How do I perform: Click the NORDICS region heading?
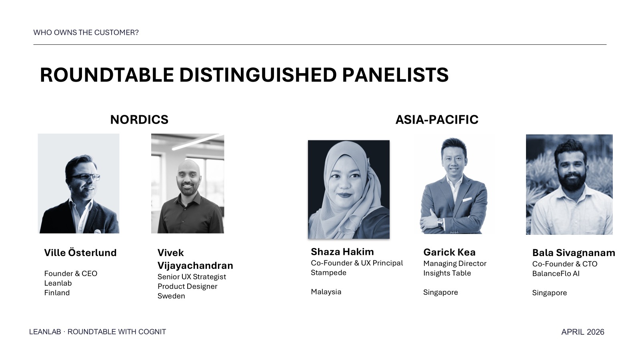pyautogui.click(x=139, y=120)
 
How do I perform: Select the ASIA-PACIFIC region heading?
pyautogui.click(x=436, y=120)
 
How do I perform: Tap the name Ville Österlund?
pyautogui.click(x=80, y=252)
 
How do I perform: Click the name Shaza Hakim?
pyautogui.click(x=342, y=252)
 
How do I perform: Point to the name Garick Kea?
pyautogui.click(x=450, y=252)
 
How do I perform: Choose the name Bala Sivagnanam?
pyautogui.click(x=574, y=253)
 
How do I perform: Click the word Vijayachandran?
pyautogui.click(x=195, y=266)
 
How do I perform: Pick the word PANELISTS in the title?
pyautogui.click(x=395, y=75)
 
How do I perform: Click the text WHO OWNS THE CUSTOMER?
pyautogui.click(x=86, y=32)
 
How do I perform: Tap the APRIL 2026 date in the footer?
pyautogui.click(x=582, y=332)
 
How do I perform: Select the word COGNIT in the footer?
pyautogui.click(x=152, y=332)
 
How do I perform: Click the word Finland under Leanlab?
pyautogui.click(x=57, y=293)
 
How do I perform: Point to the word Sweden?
pyautogui.click(x=171, y=296)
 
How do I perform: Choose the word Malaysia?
pyautogui.click(x=326, y=292)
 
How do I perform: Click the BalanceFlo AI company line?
pyautogui.click(x=556, y=274)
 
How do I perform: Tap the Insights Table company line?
pyautogui.click(x=447, y=273)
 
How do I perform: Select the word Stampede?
pyautogui.click(x=328, y=273)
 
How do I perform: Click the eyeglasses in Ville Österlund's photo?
pyautogui.click(x=86, y=177)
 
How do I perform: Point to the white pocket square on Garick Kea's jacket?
pyautogui.click(x=467, y=200)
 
